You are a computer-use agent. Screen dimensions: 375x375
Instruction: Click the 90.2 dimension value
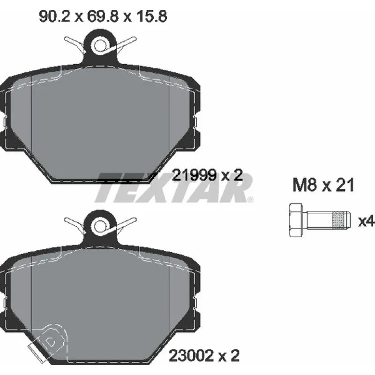coord(54,16)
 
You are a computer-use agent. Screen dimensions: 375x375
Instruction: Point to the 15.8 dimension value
coord(151,16)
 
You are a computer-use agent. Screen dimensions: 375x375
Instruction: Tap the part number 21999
coord(194,175)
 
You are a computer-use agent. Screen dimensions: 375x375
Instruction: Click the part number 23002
coord(191,356)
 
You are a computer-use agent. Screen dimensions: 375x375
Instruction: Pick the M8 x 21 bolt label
coord(323,185)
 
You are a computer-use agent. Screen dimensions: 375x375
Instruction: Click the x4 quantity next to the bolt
coord(366,221)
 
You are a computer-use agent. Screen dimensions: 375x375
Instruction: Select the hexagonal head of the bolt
coord(296,220)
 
